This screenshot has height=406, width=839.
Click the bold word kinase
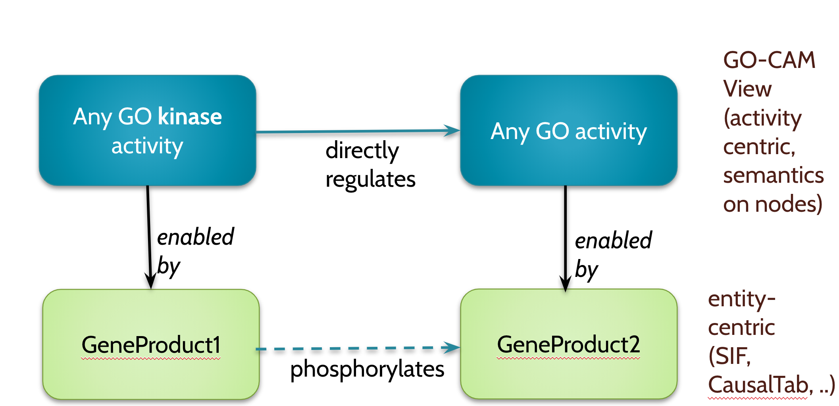(190, 117)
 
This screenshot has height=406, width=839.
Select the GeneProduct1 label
(151, 345)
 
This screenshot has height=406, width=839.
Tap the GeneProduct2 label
(568, 344)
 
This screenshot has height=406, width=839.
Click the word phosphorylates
(367, 369)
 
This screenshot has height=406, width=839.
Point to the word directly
(362, 151)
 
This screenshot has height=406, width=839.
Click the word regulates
(370, 180)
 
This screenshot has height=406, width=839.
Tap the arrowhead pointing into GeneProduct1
(150, 281)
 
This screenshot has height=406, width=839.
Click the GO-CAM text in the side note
(769, 60)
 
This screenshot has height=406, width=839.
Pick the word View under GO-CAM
(747, 89)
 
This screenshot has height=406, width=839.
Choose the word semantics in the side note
(773, 176)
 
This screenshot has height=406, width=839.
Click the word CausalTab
(758, 385)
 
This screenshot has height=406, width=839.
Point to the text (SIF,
(729, 356)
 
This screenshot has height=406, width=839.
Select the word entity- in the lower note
(741, 299)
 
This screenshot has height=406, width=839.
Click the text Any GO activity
(569, 131)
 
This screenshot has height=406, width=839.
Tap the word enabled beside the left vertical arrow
(196, 237)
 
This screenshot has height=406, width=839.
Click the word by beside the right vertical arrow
(586, 270)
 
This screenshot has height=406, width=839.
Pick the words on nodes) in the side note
(772, 205)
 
